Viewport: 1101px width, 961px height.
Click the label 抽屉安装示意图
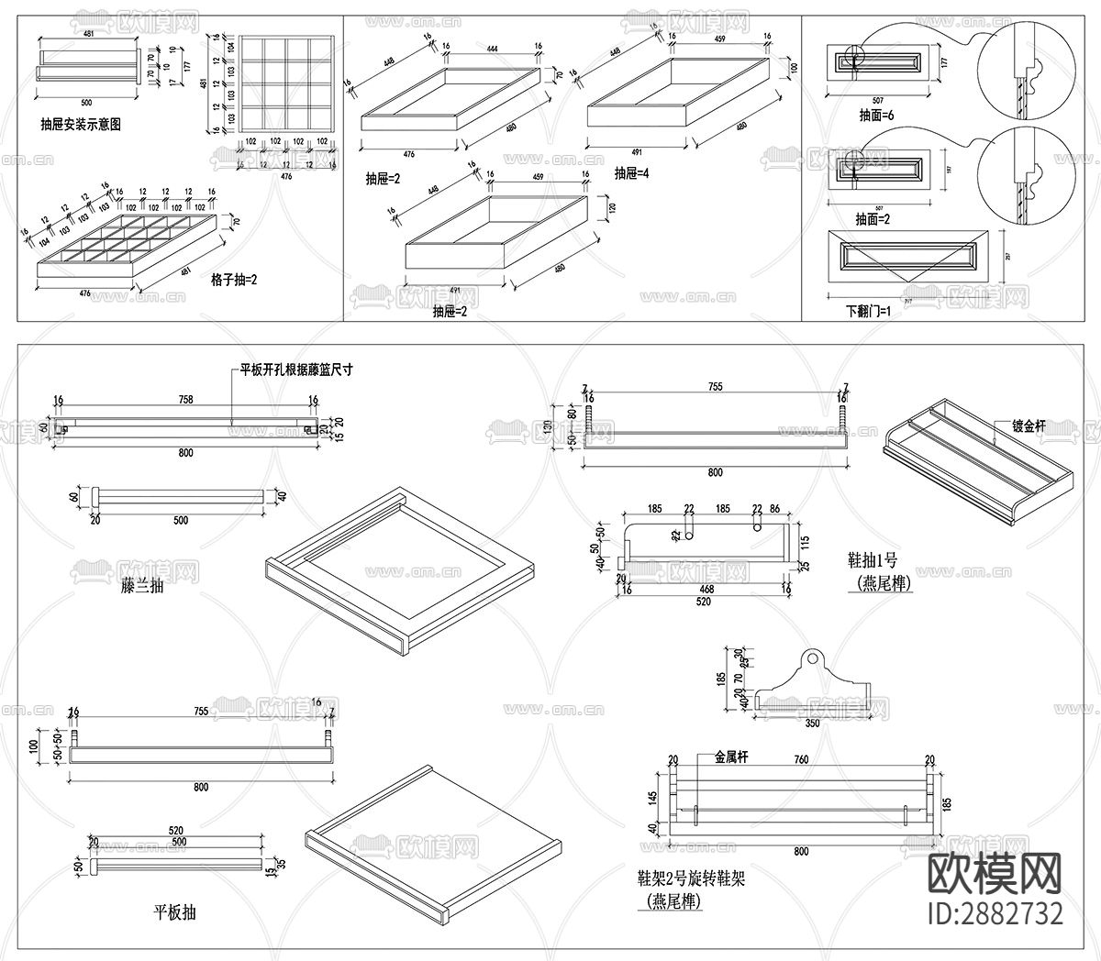(x=81, y=123)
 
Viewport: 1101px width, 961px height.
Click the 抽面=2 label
(x=874, y=220)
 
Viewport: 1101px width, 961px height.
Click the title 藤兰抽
(x=142, y=584)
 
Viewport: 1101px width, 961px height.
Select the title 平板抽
(x=174, y=911)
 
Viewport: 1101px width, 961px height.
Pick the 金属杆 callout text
(x=731, y=757)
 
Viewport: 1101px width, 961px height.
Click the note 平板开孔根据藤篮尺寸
(x=296, y=370)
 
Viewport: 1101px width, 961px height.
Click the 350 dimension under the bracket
(x=811, y=724)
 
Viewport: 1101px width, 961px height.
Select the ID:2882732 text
(x=996, y=913)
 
